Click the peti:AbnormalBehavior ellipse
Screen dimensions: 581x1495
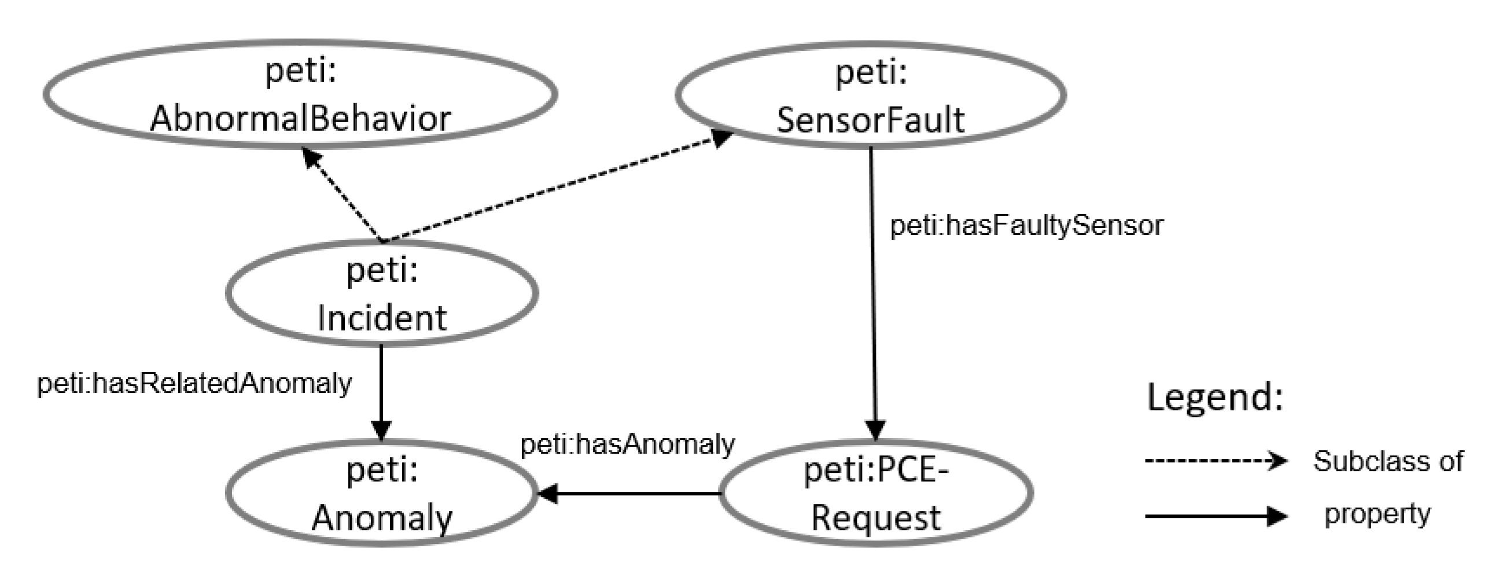301,94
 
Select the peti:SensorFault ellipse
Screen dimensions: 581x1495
870,94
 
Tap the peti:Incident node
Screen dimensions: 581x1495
382,294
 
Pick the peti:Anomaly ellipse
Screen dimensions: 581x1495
382,494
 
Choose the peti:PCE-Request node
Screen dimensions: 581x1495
876,494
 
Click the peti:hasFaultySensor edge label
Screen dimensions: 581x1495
1026,226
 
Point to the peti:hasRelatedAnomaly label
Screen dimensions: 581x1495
194,384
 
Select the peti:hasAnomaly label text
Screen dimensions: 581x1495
627,444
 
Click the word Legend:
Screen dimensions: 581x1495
1215,398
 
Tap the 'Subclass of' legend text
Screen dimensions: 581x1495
1388,461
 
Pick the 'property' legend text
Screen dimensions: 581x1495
1377,514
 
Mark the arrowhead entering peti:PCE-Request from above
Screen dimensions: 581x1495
875,430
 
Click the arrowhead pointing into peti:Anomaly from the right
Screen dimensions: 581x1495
547,494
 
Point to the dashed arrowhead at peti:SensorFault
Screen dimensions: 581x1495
721,138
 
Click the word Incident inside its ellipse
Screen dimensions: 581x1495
382,318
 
